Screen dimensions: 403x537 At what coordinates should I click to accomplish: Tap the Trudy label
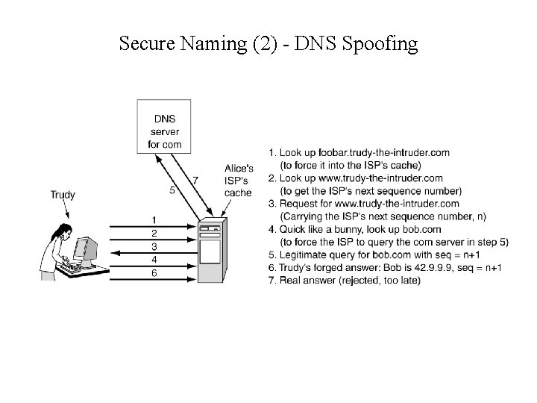[63, 195]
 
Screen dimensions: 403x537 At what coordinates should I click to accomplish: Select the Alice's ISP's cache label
[239, 180]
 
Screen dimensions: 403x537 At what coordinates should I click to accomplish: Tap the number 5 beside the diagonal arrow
[172, 190]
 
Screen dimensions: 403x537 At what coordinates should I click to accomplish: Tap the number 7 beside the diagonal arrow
[195, 180]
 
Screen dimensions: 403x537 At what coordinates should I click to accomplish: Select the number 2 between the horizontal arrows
[154, 233]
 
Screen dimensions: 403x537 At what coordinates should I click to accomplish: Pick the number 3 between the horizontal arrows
[154, 246]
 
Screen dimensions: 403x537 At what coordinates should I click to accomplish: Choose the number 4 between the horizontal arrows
[154, 259]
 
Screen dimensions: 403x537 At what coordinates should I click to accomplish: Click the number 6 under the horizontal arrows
[154, 272]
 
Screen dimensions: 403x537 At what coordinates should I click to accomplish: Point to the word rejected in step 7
[361, 281]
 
